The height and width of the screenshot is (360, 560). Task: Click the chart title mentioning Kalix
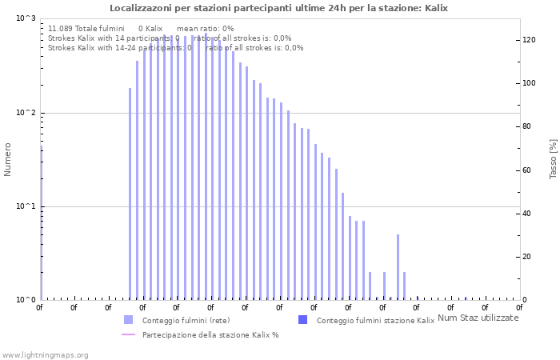(x=278, y=8)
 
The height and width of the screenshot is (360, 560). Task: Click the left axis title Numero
(x=8, y=159)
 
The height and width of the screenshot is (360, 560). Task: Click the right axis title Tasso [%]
(x=553, y=159)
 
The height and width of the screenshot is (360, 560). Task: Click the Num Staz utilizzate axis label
(x=478, y=318)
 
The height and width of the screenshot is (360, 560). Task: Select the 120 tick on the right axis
(x=529, y=40)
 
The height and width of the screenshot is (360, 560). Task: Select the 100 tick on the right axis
(x=529, y=83)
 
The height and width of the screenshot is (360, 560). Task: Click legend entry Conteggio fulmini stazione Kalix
(x=375, y=321)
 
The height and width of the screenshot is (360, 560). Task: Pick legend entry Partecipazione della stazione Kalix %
(x=210, y=335)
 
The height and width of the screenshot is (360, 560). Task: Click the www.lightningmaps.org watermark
(x=45, y=354)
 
